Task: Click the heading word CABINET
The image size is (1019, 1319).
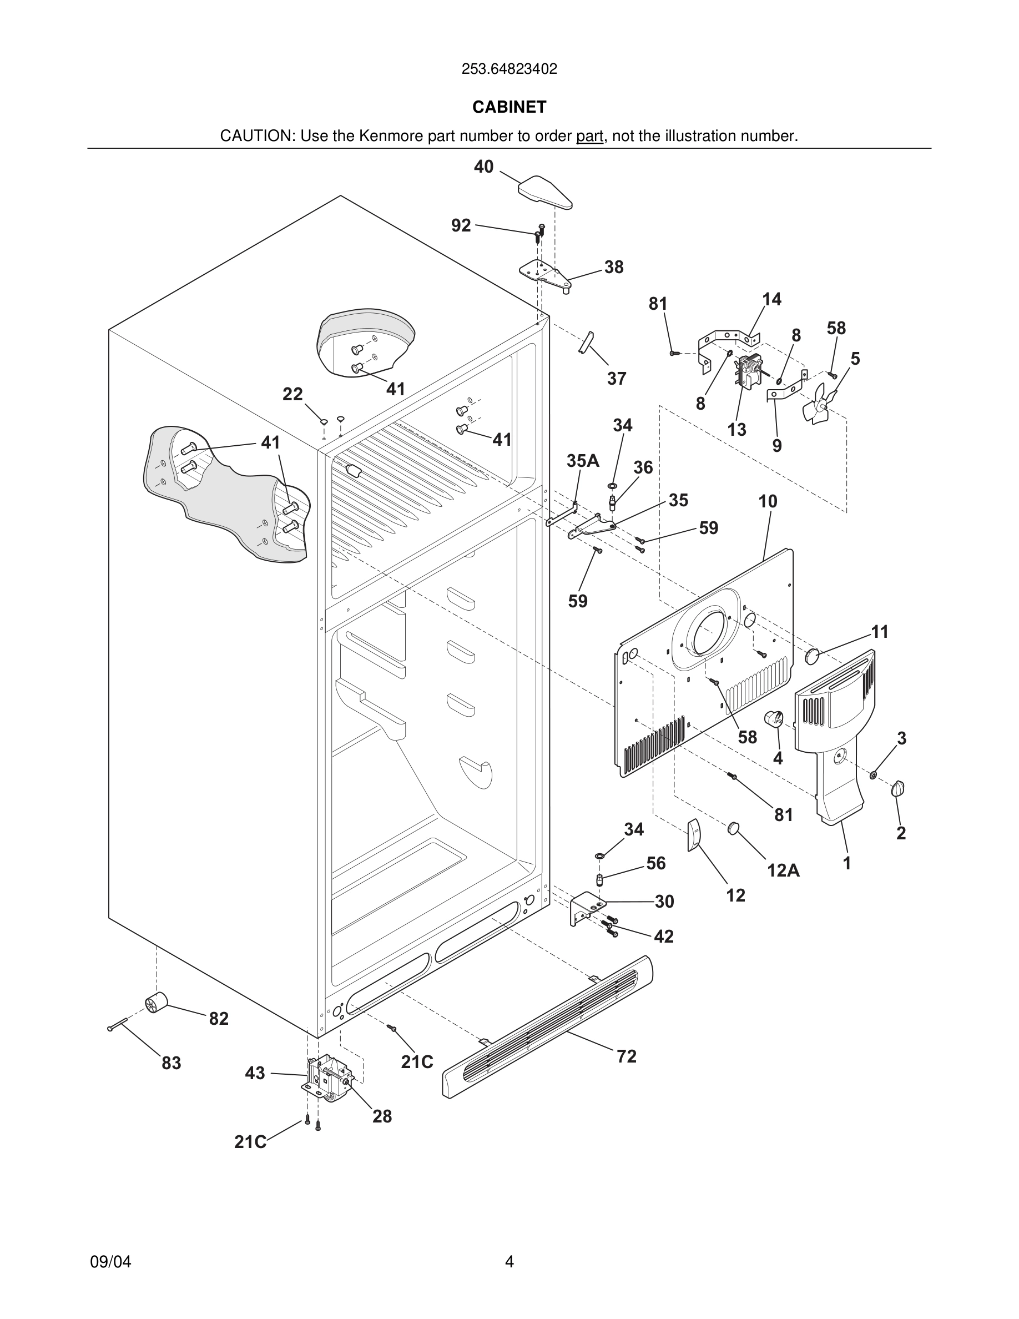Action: coord(509,107)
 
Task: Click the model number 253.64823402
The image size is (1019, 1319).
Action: coord(509,69)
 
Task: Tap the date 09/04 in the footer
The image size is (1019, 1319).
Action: coord(110,1262)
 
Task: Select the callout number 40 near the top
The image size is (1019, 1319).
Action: coord(483,167)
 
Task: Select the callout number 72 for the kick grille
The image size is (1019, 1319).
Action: coord(626,1056)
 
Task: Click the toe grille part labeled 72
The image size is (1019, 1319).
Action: coord(547,1026)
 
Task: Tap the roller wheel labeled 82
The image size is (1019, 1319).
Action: coord(158,1003)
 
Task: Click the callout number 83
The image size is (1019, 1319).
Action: coord(171,1063)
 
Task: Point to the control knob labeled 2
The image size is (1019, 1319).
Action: coord(898,788)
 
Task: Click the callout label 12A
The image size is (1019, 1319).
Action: coord(783,870)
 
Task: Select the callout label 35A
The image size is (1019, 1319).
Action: coord(583,461)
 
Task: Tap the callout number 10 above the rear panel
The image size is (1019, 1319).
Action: coord(767,501)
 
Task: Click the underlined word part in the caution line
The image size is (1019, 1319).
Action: coord(589,136)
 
